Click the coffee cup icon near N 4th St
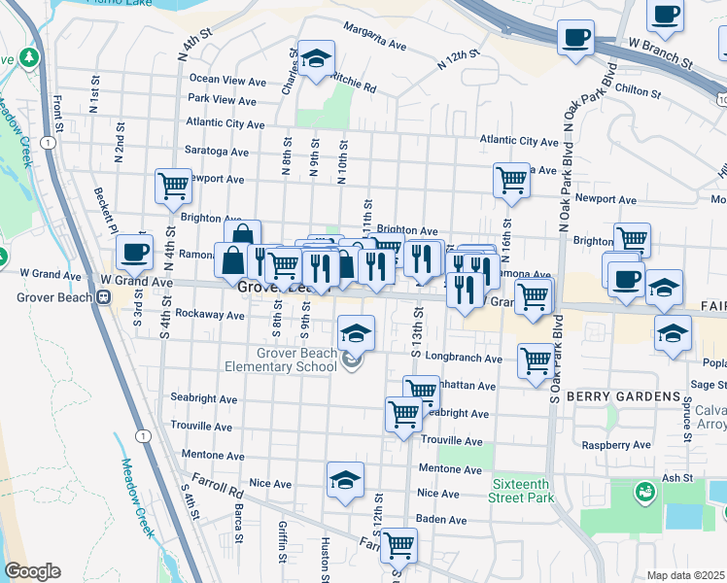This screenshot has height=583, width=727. (x=135, y=251)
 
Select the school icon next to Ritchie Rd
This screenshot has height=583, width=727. (x=316, y=57)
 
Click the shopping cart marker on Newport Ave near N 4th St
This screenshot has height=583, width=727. (x=173, y=184)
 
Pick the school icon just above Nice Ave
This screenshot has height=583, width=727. (x=344, y=479)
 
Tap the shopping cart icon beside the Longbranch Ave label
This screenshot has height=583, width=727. (x=535, y=360)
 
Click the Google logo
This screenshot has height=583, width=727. (x=32, y=571)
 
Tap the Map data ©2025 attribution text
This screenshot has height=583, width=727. (x=685, y=575)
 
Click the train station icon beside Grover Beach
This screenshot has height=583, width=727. (x=100, y=297)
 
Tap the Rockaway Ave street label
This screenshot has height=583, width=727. (x=208, y=316)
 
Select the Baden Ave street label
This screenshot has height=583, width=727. (x=441, y=520)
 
